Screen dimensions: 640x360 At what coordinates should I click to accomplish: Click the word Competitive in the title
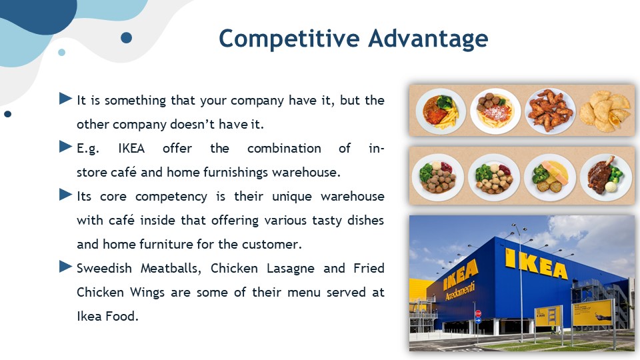click(289, 39)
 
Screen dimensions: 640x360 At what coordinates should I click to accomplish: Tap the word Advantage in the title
click(428, 39)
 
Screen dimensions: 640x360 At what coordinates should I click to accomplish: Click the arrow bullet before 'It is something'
click(65, 99)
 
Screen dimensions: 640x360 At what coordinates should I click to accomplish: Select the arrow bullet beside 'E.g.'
click(65, 147)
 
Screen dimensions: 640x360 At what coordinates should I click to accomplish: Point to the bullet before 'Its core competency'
click(65, 194)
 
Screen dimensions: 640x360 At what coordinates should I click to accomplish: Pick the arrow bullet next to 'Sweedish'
click(65, 267)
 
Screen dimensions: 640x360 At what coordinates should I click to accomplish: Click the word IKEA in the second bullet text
click(131, 148)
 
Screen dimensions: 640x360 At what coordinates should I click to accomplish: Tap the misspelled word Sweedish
click(104, 268)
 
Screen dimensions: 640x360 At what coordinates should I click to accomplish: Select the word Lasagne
click(290, 269)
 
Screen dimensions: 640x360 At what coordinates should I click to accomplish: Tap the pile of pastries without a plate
click(605, 111)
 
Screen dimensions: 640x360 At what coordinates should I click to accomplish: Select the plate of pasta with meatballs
click(495, 111)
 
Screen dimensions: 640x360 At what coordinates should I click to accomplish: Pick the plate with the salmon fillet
click(550, 177)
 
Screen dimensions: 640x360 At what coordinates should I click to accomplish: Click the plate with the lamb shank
click(606, 177)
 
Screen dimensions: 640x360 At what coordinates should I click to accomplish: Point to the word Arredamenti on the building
click(460, 291)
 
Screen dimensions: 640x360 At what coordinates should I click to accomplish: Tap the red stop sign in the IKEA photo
click(478, 313)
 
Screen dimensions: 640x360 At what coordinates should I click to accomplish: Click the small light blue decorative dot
click(61, 52)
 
